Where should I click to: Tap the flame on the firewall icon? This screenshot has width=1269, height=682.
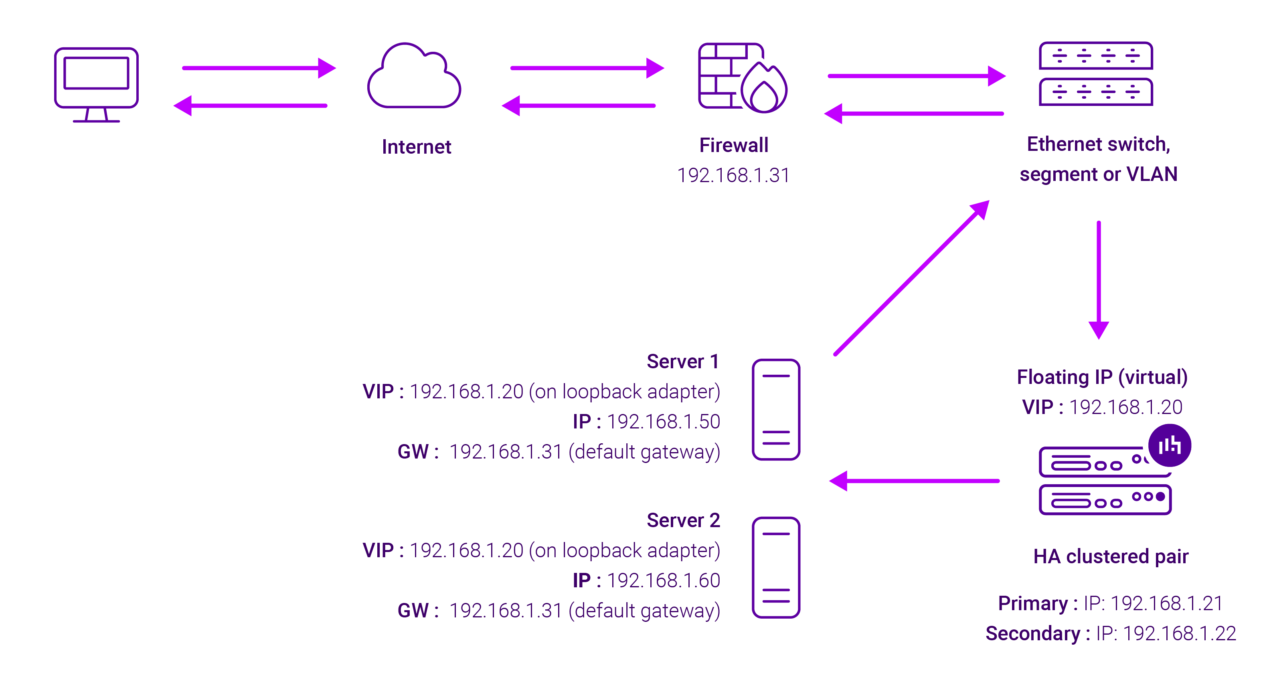pyautogui.click(x=764, y=89)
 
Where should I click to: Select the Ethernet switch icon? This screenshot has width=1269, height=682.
pyautogui.click(x=1096, y=74)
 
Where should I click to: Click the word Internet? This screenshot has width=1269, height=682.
pyautogui.click(x=416, y=147)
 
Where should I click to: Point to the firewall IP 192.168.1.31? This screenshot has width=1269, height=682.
pyautogui.click(x=733, y=175)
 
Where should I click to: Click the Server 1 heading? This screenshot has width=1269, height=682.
pyautogui.click(x=682, y=362)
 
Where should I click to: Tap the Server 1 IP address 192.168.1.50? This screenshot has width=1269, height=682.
pyautogui.click(x=663, y=422)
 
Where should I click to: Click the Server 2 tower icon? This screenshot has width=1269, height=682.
pyautogui.click(x=776, y=567)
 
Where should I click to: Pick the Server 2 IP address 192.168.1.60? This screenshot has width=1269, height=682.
pyautogui.click(x=663, y=581)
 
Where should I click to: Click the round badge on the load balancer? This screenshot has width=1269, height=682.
pyautogui.click(x=1170, y=445)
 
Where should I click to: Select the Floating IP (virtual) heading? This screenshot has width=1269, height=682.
pyautogui.click(x=1102, y=377)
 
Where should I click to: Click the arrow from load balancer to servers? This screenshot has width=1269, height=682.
pyautogui.click(x=914, y=481)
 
